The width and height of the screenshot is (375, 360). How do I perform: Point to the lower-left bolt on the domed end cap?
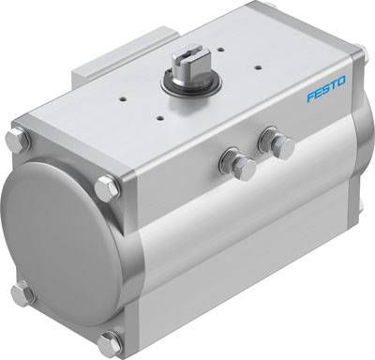[x=22, y=293]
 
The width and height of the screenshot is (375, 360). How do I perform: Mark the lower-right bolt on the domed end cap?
[x=112, y=341]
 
